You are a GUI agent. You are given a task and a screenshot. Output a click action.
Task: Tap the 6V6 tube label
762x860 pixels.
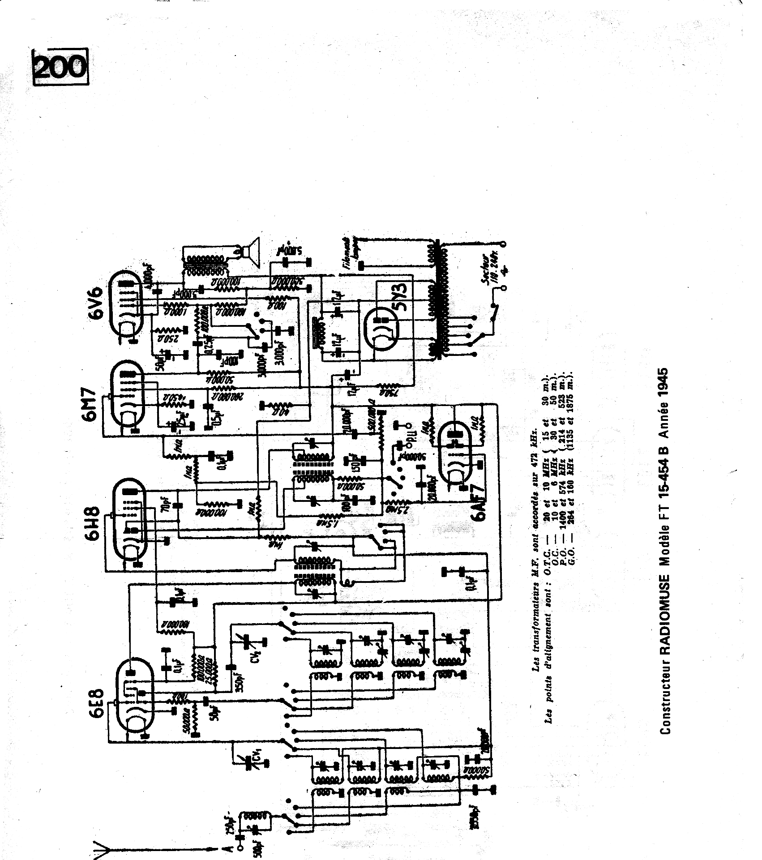coord(97,304)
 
